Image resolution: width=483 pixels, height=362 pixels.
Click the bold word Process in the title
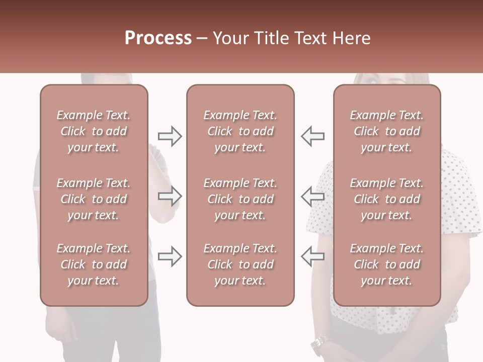158,38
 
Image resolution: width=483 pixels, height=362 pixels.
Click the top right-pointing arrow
170,136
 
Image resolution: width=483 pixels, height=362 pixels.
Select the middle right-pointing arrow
170,196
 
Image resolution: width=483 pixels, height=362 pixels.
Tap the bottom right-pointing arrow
170,256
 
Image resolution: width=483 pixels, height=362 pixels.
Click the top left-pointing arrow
312,136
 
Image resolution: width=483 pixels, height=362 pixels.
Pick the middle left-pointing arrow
312,196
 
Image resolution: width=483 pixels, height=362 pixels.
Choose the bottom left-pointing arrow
312,256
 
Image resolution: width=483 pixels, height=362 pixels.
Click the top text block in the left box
94,131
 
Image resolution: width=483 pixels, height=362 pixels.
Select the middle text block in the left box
94,199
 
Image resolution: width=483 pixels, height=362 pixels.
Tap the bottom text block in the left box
94,264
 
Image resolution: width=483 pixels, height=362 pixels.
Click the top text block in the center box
240,131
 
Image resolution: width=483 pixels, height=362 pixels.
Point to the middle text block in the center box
240,199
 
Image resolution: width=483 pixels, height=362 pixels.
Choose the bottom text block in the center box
240,264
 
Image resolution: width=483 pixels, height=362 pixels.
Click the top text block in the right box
386,131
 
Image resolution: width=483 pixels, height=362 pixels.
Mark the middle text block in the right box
386,199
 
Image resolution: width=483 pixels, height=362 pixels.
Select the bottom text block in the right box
386,264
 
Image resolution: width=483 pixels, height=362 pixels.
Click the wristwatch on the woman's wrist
319,345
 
